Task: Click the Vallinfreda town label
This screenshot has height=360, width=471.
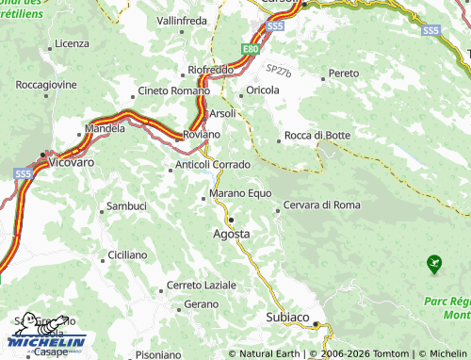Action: click(x=183, y=20)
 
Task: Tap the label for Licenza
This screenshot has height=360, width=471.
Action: click(x=72, y=43)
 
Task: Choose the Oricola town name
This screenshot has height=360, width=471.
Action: click(x=263, y=90)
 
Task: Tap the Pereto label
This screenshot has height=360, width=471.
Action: click(x=344, y=74)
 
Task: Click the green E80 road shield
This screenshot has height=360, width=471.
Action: click(x=250, y=48)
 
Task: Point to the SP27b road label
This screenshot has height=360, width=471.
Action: click(x=279, y=71)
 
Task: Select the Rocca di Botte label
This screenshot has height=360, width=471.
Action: click(x=317, y=136)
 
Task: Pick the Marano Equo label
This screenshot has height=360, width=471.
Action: click(x=234, y=194)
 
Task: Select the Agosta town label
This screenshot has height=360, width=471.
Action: click(x=232, y=233)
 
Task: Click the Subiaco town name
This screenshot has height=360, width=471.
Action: click(x=287, y=318)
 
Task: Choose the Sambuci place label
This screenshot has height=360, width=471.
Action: click(x=126, y=205)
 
